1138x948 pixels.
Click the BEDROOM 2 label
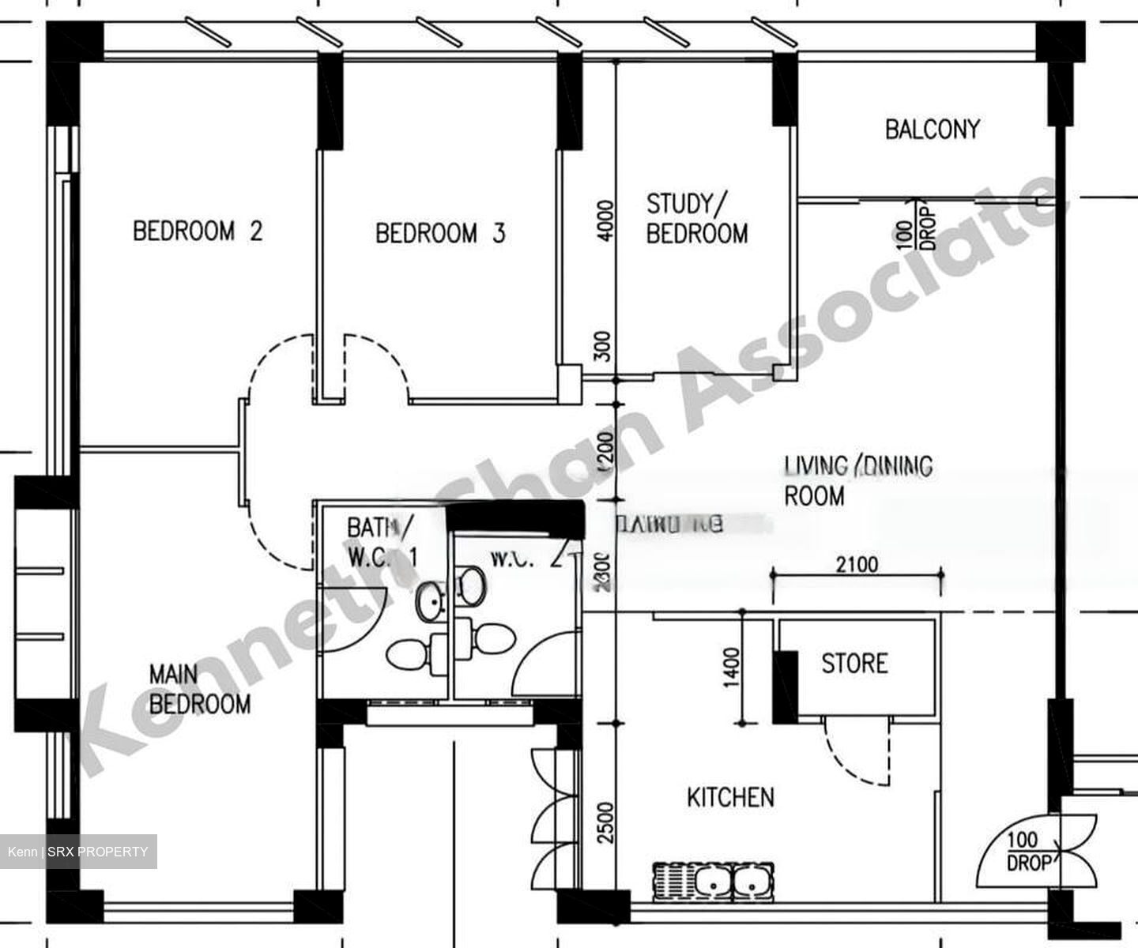click(198, 231)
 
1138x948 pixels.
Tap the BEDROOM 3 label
click(440, 233)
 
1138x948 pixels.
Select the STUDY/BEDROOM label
click(696, 219)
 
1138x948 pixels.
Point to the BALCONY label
click(932, 130)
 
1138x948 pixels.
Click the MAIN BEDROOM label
click(199, 689)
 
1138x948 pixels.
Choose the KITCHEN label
click(730, 798)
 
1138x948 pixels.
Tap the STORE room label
click(854, 663)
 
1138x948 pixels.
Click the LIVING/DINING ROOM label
click(857, 480)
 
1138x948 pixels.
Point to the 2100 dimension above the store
click(857, 564)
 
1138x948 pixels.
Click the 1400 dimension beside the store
click(731, 668)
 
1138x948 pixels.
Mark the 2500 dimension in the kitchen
click(605, 822)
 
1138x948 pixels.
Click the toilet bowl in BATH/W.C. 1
click(408, 655)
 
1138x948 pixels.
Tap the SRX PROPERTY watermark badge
click(78, 852)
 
